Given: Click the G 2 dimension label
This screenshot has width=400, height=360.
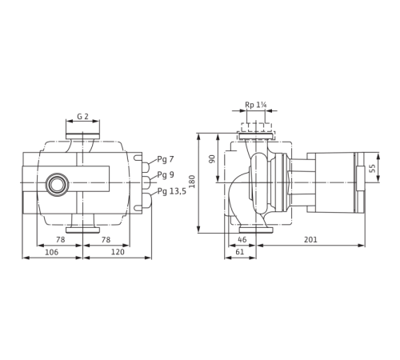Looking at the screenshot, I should click(x=84, y=116).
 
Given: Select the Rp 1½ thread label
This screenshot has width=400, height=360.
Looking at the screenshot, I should click(x=255, y=103).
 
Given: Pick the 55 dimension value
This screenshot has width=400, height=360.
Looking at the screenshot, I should click(x=371, y=170).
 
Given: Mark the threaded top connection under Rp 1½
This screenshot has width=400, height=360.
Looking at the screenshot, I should click(x=255, y=124).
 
